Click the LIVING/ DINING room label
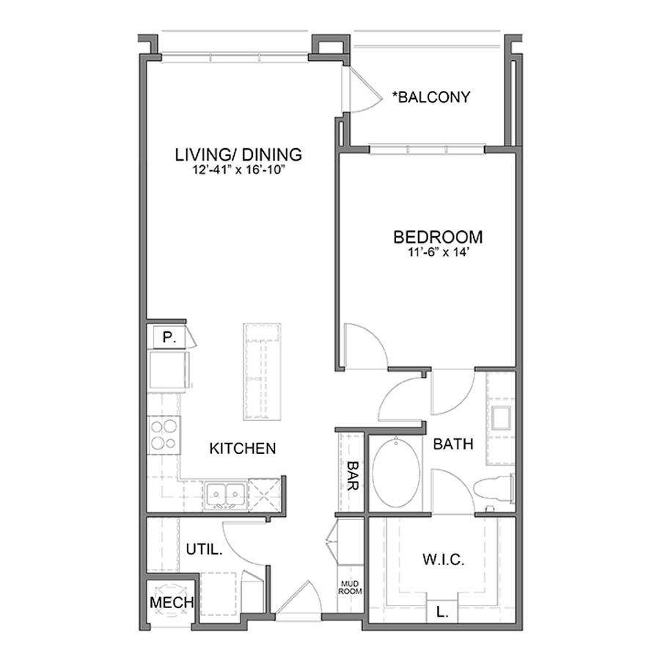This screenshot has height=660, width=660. pyautogui.click(x=238, y=155)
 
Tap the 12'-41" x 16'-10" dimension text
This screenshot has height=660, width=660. pyautogui.click(x=238, y=170)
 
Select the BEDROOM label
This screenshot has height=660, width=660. pyautogui.click(x=438, y=238)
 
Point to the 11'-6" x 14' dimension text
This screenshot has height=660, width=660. pyautogui.click(x=438, y=252)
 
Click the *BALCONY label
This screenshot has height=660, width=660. pyautogui.click(x=431, y=97)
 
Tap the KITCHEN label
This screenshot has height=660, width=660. pyautogui.click(x=243, y=448)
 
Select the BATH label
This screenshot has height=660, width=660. pyautogui.click(x=452, y=444)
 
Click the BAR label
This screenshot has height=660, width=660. pyautogui.click(x=352, y=476)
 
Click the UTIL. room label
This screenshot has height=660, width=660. pyautogui.click(x=204, y=549)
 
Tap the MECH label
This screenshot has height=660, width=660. pyautogui.click(x=171, y=602)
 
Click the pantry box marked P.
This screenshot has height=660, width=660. pyautogui.click(x=169, y=338)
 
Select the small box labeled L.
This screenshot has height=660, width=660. pyautogui.click(x=442, y=610)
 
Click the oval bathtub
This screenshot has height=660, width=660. pyautogui.click(x=397, y=474)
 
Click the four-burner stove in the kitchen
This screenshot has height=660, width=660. pyautogui.click(x=164, y=434)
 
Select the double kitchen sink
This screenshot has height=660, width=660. pyautogui.click(x=225, y=494)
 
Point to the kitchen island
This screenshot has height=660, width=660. pyautogui.click(x=263, y=371)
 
